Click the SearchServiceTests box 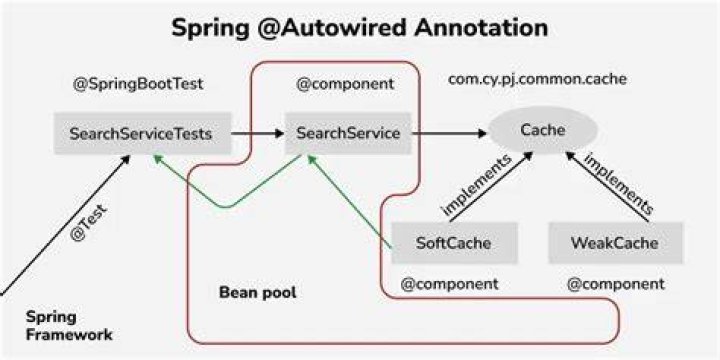[142, 134]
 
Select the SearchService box [348, 134]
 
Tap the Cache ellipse [543, 130]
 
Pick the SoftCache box [454, 243]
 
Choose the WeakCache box [615, 243]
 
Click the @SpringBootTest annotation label [138, 85]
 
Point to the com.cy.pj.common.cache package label [537, 80]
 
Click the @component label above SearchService [345, 84]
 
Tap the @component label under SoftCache [450, 284]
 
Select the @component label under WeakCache [616, 284]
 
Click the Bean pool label [258, 292]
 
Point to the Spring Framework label [69, 326]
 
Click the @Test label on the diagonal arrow [89, 223]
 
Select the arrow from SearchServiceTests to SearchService [258, 134]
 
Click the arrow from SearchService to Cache [449, 134]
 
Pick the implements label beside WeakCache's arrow [619, 183]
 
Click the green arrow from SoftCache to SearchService [349, 202]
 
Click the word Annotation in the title [480, 28]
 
